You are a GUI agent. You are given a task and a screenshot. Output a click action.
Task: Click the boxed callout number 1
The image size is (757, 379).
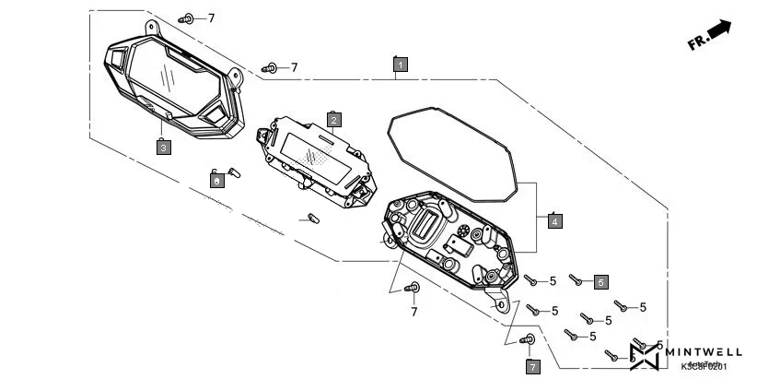coord(400,65)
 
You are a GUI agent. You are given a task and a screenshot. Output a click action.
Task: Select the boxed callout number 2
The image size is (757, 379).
coord(334,119)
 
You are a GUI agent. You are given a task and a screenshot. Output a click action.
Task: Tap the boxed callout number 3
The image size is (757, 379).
coord(162,147)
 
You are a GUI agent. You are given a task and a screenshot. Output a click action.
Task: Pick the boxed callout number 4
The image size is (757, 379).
coord(553,220)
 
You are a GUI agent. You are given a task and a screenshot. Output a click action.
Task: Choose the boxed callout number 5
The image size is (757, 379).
coord(600,281)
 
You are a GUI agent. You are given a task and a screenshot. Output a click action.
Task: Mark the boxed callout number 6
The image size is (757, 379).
coord(216,182)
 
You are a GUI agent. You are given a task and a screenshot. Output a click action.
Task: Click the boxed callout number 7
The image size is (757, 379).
coord(532,366)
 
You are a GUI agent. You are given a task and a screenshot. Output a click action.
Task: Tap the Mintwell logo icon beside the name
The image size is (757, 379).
coord(645,354)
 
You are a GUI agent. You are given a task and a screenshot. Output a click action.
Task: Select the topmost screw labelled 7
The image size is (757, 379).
coord(187,18)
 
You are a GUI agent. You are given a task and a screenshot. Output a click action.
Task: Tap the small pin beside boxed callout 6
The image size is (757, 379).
coord(232,171)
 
